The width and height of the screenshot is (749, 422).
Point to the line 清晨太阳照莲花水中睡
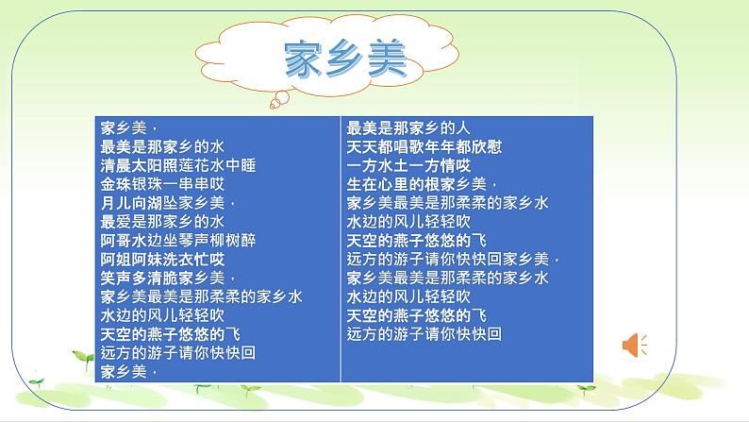tap(179, 164)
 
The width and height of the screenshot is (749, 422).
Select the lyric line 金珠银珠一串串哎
tap(163, 182)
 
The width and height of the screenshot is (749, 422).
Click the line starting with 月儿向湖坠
tap(168, 201)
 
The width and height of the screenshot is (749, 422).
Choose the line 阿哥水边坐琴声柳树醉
tap(179, 239)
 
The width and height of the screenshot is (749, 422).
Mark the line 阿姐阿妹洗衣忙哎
tap(163, 258)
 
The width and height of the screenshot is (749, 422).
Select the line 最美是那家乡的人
tap(408, 127)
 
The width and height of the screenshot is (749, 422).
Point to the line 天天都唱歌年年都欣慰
tap(425, 145)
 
